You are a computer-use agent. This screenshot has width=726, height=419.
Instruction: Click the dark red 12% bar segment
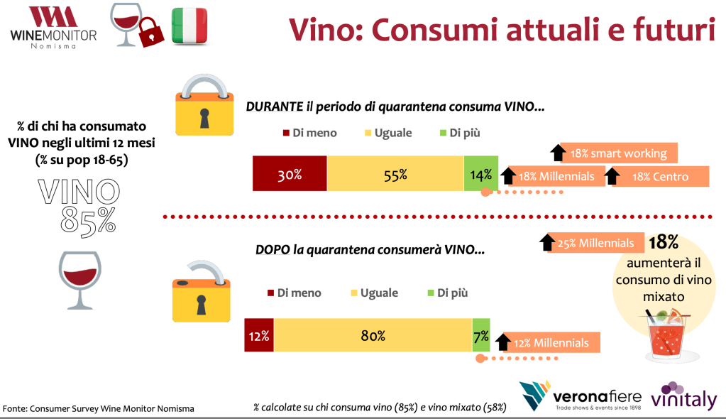(x=259, y=336)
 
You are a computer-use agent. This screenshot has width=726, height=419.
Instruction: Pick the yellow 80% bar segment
(x=373, y=336)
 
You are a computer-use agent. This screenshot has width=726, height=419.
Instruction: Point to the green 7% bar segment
(x=481, y=336)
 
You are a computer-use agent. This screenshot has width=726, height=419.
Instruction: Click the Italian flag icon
(x=189, y=26)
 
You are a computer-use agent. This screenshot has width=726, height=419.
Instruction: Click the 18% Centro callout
(x=660, y=176)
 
